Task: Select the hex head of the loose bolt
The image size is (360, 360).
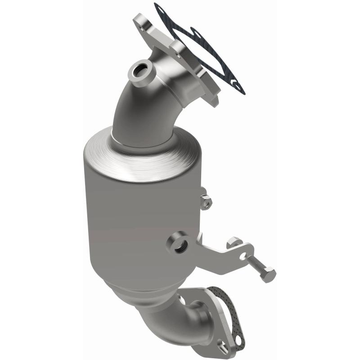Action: point(268,274)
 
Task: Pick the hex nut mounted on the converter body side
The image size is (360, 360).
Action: point(205,202)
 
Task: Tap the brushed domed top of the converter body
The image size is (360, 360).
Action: point(139,157)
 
